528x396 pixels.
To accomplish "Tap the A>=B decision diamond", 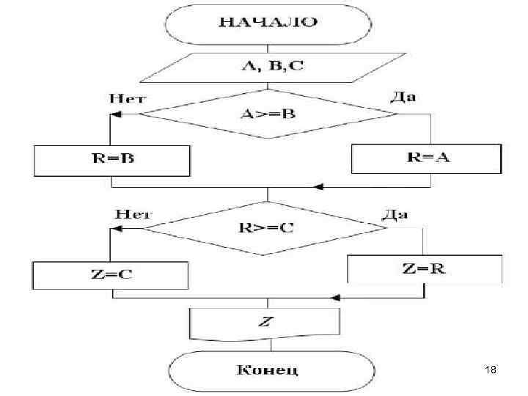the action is (267, 114).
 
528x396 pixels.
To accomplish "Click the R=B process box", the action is (112, 160).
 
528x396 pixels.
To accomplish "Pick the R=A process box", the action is (426, 158).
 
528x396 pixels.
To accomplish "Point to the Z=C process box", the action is (111, 275).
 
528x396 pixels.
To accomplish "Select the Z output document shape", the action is (265, 323).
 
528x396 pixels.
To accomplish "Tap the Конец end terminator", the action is (267, 369).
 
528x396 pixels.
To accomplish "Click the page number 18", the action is (491, 372).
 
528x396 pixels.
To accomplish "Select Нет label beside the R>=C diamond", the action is (133, 214).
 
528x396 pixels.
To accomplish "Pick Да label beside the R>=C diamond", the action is (395, 214).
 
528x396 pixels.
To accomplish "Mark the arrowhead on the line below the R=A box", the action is (319, 188).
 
